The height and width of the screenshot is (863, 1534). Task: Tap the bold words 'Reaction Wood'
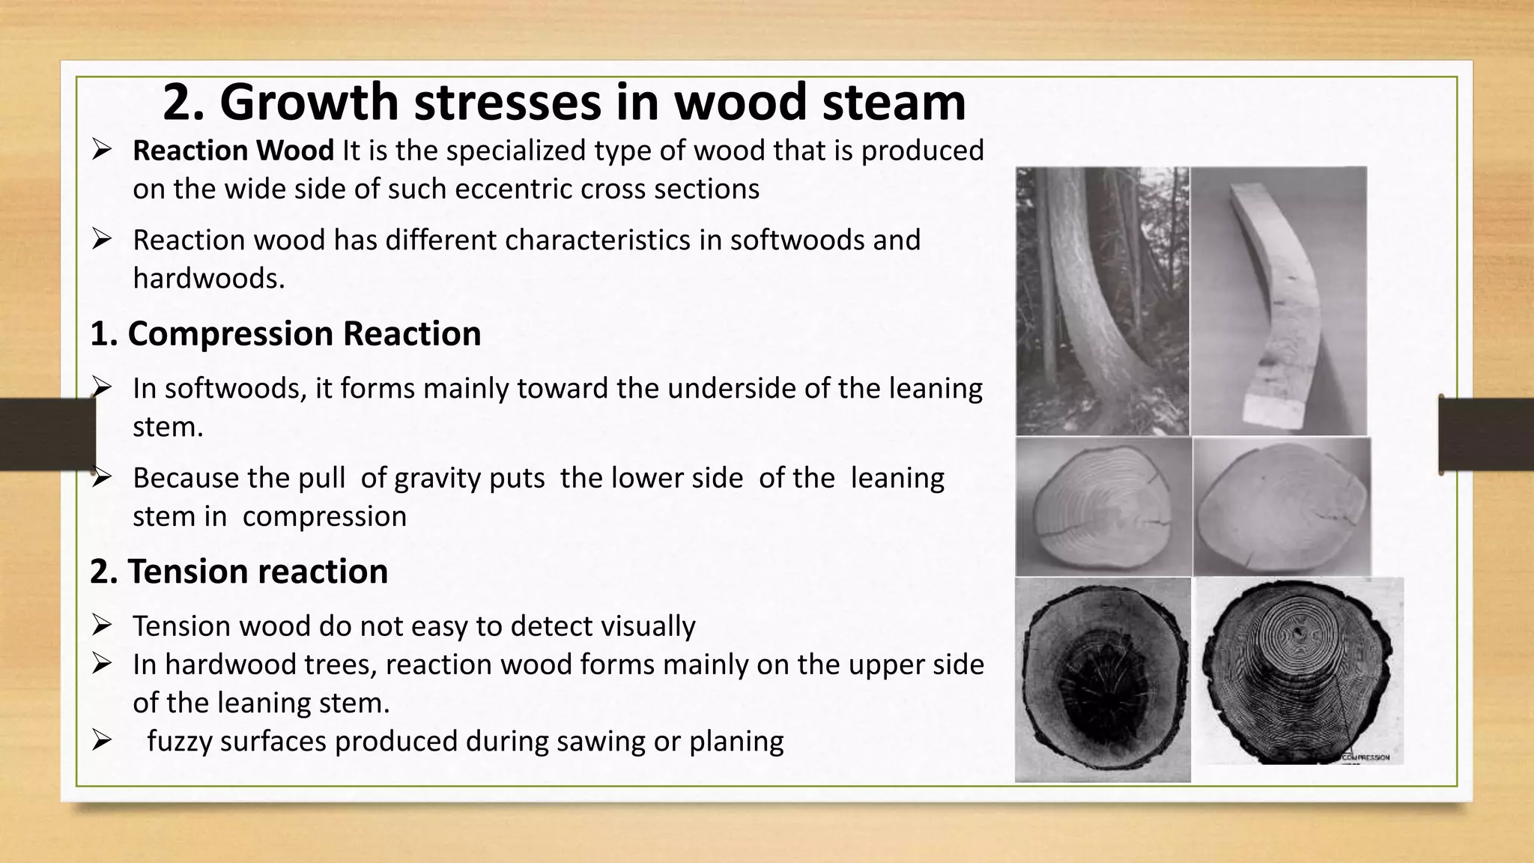click(233, 151)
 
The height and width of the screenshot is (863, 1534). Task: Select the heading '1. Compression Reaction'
click(285, 333)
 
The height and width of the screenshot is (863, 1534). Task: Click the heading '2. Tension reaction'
click(239, 572)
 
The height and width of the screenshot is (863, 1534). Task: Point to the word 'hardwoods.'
click(209, 279)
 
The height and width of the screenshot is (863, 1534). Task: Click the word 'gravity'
click(469, 478)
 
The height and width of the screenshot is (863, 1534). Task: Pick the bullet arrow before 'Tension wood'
click(102, 624)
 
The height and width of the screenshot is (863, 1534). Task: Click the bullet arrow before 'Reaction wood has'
click(102, 239)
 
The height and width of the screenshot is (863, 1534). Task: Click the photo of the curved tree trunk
click(1102, 300)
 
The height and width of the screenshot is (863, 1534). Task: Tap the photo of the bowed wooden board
click(1279, 300)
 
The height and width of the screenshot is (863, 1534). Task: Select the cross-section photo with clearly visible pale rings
click(1103, 507)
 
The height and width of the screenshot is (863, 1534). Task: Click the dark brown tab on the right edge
click(1486, 434)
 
